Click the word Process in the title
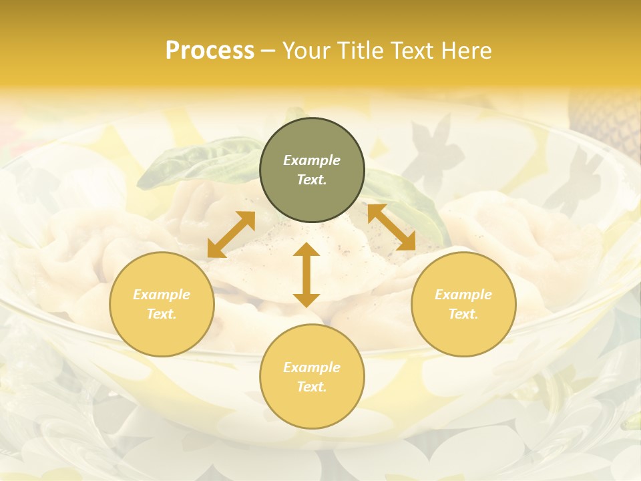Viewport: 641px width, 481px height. [210, 51]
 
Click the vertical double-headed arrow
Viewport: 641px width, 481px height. [306, 275]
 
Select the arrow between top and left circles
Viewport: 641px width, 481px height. [231, 234]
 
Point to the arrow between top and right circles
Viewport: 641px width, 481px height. [391, 227]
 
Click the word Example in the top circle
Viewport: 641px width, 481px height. [312, 160]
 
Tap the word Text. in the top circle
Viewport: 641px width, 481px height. [312, 180]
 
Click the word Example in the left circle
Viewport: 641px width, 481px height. [162, 295]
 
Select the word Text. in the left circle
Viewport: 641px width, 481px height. [162, 314]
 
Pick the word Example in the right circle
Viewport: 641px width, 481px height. [463, 295]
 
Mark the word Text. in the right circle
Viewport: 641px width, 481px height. [463, 314]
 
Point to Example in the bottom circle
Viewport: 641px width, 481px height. [312, 367]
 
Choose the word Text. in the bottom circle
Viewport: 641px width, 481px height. [312, 387]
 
